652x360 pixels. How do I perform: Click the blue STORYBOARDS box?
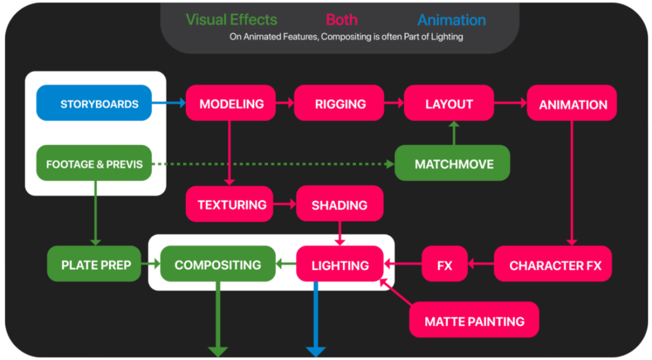(94, 103)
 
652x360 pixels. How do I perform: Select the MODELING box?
(231, 103)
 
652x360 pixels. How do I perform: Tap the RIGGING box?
(339, 103)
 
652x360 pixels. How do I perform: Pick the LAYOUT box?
(449, 103)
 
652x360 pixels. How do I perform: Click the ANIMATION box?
(572, 104)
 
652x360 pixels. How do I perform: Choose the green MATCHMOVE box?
(453, 164)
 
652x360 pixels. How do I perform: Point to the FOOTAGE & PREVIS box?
(94, 163)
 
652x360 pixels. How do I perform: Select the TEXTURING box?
(232, 204)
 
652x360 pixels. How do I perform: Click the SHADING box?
(339, 204)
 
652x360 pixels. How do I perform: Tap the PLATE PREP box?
(95, 265)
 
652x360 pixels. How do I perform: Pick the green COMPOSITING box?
(217, 264)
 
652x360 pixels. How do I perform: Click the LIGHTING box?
(340, 265)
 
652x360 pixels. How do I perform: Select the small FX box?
(444, 265)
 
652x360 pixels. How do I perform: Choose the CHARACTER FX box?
(555, 265)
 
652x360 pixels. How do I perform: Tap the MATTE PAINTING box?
(474, 320)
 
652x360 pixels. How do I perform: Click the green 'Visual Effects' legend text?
(231, 19)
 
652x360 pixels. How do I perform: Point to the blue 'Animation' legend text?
(451, 20)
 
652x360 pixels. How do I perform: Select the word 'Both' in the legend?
(342, 19)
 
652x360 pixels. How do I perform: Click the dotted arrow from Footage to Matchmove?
(272, 164)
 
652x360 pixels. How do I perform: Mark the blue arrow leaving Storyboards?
(168, 103)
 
